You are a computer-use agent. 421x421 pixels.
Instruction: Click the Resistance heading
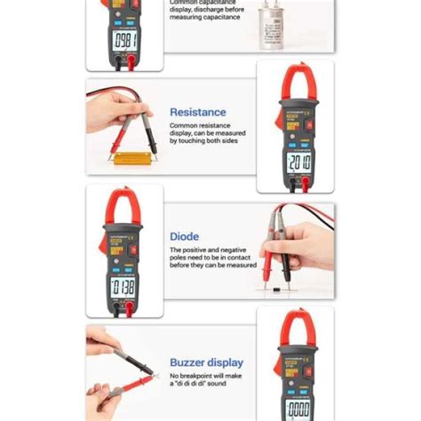(x=197, y=113)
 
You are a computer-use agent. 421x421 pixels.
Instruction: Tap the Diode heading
(x=184, y=237)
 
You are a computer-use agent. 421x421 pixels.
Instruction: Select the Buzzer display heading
(x=205, y=362)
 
